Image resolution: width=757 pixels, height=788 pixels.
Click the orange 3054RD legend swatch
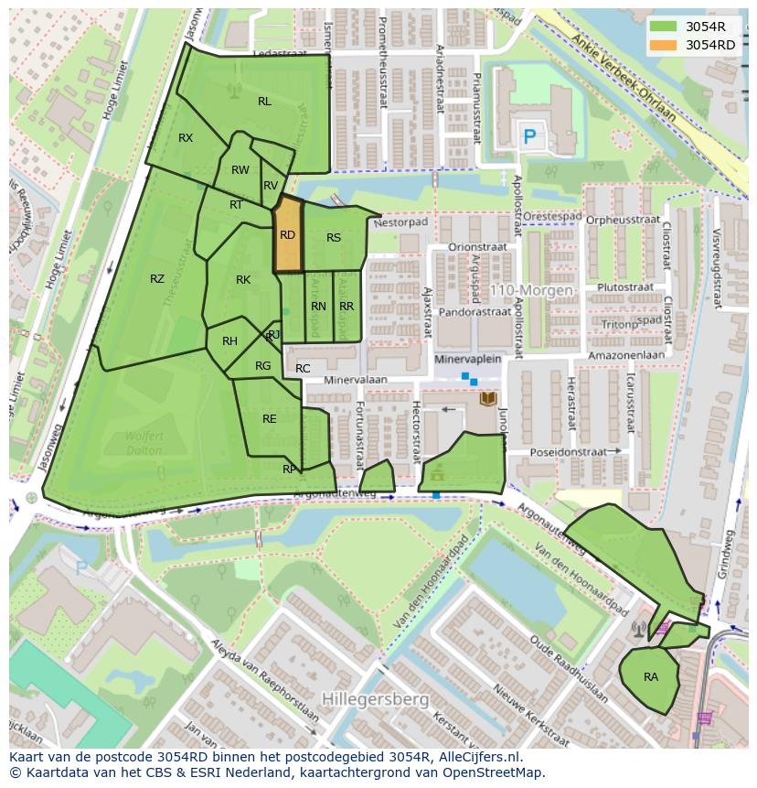pyautogui.click(x=665, y=45)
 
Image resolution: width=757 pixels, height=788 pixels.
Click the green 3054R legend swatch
pyautogui.click(x=665, y=27)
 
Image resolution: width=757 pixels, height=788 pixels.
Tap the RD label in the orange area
pyautogui.click(x=287, y=235)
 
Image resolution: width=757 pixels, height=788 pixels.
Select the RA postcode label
pyautogui.click(x=650, y=677)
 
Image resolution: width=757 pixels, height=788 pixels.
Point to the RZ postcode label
pyautogui.click(x=157, y=279)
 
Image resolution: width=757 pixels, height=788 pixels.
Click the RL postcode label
pyautogui.click(x=264, y=102)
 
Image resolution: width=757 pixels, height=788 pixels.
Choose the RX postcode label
pyautogui.click(x=186, y=138)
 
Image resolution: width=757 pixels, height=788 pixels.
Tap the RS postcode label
pyautogui.click(x=334, y=238)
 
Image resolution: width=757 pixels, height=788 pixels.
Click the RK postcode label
pyautogui.click(x=243, y=280)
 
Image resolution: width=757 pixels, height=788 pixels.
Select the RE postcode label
pyautogui.click(x=269, y=419)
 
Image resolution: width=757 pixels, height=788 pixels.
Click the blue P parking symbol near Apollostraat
pyautogui.click(x=528, y=137)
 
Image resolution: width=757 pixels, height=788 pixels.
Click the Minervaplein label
pyautogui.click(x=468, y=360)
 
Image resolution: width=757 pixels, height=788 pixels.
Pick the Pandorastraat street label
pyautogui.click(x=474, y=312)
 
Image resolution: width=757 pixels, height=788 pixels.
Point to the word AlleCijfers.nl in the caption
pyautogui.click(x=478, y=757)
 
